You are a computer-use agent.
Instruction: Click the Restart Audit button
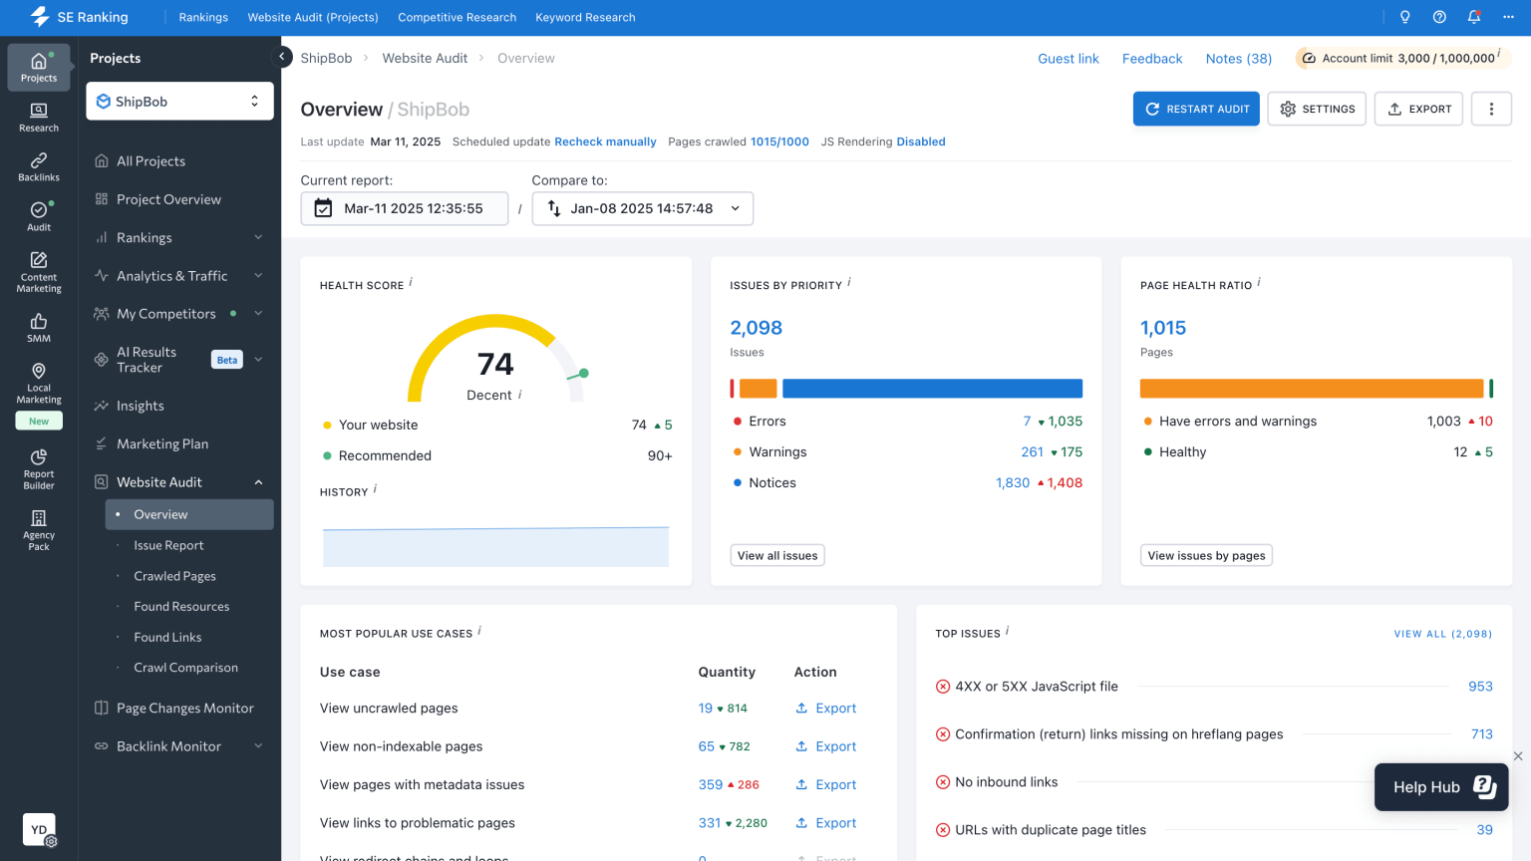1196,109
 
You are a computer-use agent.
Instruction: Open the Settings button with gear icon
1317,109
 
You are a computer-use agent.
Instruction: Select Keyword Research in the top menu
585,17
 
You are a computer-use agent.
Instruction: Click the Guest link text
1068,59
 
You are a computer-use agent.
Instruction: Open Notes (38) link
1238,59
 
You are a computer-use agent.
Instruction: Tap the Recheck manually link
605,142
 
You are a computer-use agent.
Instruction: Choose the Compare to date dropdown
642,208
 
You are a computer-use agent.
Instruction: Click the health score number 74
495,364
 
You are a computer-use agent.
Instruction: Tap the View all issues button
777,555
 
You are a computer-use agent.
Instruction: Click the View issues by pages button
1206,555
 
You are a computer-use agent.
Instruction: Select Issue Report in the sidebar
168,545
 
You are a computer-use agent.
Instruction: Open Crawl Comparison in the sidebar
185,668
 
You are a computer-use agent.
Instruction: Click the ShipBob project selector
179,102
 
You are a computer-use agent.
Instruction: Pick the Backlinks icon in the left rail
39,166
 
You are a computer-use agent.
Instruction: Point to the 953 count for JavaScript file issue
1480,687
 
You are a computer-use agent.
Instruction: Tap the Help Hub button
1441,787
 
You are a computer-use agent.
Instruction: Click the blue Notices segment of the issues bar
932,389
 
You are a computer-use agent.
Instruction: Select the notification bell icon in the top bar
1473,17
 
